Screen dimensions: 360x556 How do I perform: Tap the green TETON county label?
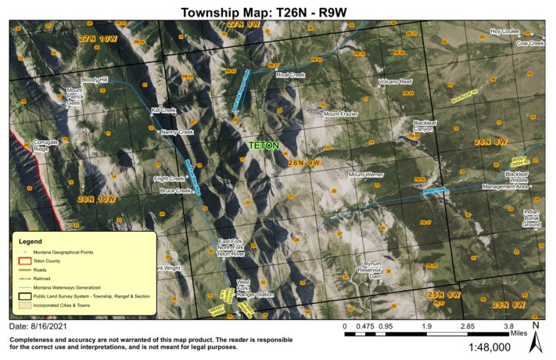point(263,145)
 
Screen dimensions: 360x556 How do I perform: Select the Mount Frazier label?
point(341,114)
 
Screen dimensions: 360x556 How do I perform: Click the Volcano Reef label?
point(395,81)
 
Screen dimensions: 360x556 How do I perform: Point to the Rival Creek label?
point(289,75)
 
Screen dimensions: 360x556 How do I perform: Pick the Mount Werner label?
point(364,175)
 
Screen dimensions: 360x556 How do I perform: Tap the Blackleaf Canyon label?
point(425,126)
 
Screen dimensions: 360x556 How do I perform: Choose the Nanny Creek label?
point(177,132)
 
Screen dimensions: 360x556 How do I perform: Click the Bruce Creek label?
point(175,190)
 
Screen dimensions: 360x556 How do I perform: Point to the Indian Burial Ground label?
point(532,218)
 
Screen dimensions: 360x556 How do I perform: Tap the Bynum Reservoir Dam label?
point(375,270)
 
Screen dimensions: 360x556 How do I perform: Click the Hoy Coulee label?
point(504,32)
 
